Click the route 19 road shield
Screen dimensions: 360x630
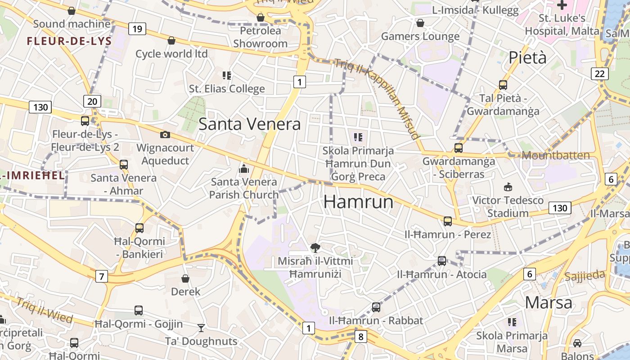(137, 29)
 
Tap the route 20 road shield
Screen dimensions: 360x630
(92, 101)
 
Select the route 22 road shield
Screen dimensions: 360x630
(599, 74)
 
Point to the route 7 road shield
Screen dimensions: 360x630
(102, 276)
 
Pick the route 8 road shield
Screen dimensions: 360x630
(360, 337)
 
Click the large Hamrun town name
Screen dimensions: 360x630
(358, 202)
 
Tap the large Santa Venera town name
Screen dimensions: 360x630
(249, 124)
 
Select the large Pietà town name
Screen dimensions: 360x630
(527, 58)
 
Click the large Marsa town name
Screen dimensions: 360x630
(548, 302)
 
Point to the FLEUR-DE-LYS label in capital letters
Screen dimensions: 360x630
(69, 41)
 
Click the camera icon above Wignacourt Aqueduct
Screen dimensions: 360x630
(165, 135)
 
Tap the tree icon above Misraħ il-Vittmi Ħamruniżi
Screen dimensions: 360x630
(315, 247)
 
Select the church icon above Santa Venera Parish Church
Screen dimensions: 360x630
(244, 169)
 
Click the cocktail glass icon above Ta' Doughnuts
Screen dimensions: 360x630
(201, 328)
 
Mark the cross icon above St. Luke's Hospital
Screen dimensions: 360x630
(562, 5)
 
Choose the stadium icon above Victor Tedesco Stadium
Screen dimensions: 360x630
(508, 186)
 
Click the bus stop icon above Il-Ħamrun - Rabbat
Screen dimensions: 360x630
(376, 307)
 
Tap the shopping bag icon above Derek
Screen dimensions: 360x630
(185, 279)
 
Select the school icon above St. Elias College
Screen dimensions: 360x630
(227, 76)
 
